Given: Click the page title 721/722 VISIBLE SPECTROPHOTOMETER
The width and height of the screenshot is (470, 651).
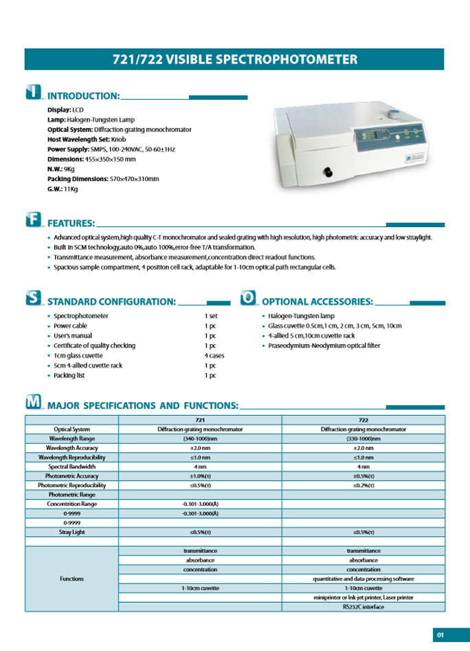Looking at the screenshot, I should pyautogui.click(x=234, y=59).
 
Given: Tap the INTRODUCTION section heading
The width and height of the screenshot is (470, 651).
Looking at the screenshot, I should pyautogui.click(x=83, y=96).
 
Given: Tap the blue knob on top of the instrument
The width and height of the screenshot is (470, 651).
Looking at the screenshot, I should pyautogui.click(x=392, y=113).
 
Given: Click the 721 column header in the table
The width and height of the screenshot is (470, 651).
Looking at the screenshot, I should pyautogui.click(x=200, y=419).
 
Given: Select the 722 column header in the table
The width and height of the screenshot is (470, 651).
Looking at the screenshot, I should pyautogui.click(x=363, y=419).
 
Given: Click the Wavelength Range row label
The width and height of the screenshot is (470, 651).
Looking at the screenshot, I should pyautogui.click(x=72, y=438).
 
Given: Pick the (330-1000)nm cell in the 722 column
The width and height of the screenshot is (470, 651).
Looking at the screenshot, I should pyautogui.click(x=363, y=438).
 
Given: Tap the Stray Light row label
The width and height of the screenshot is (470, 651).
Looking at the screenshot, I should pyautogui.click(x=72, y=532).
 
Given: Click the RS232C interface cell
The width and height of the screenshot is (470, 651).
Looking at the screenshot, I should pyautogui.click(x=363, y=607).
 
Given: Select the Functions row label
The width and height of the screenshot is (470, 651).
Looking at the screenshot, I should pyautogui.click(x=72, y=579).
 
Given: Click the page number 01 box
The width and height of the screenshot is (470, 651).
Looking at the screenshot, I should pyautogui.click(x=441, y=634).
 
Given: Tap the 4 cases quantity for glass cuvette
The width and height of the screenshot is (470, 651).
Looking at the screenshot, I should pyautogui.click(x=214, y=356).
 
